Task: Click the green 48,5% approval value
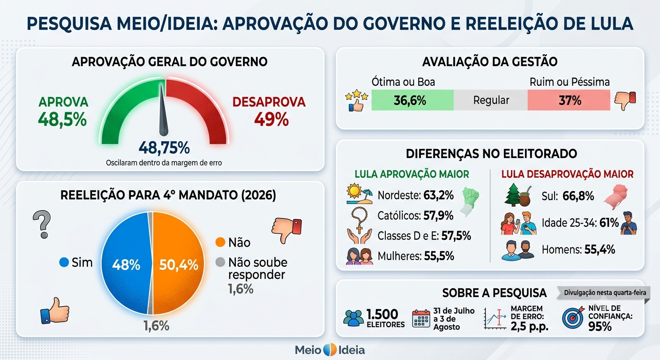(x=62, y=120)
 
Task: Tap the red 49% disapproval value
(x=271, y=120)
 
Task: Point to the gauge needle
(x=163, y=111)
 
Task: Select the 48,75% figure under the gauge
(x=164, y=147)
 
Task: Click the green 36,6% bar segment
(x=412, y=100)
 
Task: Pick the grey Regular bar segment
(x=491, y=100)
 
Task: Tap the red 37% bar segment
(x=569, y=100)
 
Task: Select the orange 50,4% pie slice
(x=178, y=263)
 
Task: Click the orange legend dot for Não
(x=220, y=242)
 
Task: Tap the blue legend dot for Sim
(x=64, y=262)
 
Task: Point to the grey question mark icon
(x=42, y=224)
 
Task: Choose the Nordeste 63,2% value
(x=438, y=195)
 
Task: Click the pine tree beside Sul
(x=511, y=195)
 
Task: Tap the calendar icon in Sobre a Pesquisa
(x=421, y=318)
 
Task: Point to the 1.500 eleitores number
(x=382, y=315)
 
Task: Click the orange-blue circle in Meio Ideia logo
(x=330, y=350)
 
